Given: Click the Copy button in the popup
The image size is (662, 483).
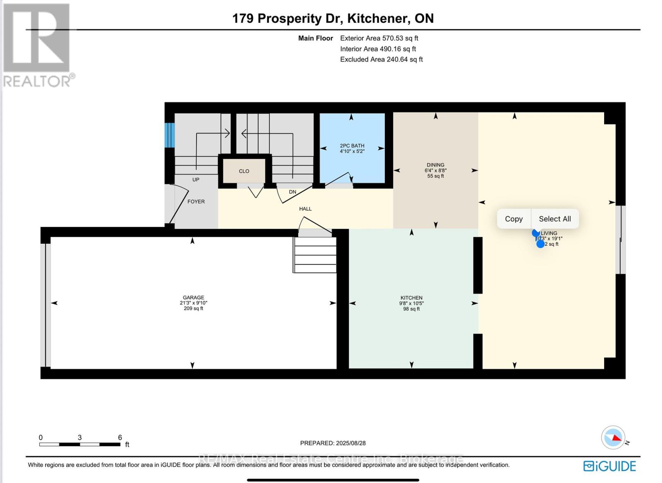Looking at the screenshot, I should tap(513, 219).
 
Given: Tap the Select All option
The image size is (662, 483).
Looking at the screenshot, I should tap(554, 219).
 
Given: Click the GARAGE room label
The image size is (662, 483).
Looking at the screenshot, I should tap(193, 297).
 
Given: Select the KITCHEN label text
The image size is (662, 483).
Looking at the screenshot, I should tap(411, 298).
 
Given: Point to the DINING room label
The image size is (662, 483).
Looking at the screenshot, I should tap(435, 165).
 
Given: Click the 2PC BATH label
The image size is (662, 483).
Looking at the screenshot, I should tap(352, 146).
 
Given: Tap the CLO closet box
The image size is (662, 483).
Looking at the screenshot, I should tap(244, 171).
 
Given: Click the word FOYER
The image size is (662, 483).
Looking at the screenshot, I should tap(196, 202).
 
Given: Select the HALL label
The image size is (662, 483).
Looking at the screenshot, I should tap(305, 209).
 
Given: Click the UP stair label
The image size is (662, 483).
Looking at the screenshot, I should tap(196, 180).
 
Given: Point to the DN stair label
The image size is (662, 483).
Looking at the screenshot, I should tap(293, 192).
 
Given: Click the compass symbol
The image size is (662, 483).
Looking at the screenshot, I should tap(613, 438).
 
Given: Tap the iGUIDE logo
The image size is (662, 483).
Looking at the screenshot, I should tap(609, 466).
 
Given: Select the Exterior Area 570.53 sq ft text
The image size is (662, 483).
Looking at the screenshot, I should tap(379, 38).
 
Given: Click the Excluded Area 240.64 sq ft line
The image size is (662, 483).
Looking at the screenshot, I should tap(381, 59).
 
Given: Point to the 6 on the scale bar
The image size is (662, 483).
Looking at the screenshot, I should tap(120, 438).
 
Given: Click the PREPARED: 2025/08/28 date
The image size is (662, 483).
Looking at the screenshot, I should tap(333, 443).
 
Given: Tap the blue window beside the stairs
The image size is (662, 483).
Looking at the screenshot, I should tap(169, 135).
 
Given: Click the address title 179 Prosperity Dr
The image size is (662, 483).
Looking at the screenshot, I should tap(288, 19).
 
